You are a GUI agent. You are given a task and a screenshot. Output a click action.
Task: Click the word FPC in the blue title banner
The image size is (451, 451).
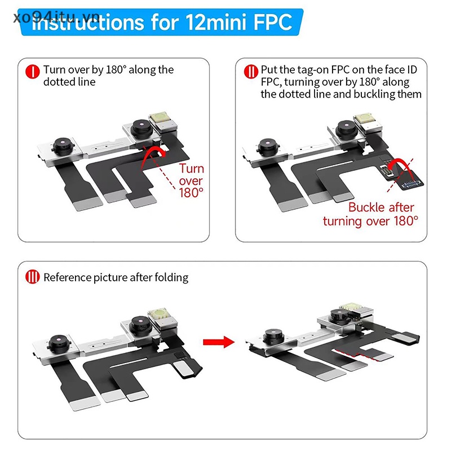coord(273,22)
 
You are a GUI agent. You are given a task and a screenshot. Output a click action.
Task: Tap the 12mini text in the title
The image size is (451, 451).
coord(216,22)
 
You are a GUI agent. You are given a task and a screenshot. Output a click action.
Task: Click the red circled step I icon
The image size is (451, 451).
coord(33,72)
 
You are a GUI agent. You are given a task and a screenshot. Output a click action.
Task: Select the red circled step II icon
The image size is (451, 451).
coord(251,72)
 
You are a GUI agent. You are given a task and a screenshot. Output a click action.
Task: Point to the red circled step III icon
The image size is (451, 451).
coord(33,277)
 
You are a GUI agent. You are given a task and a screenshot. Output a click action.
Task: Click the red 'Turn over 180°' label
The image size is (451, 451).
coord(191,180)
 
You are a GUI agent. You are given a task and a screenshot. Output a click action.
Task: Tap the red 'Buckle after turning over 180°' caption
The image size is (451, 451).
coord(370,214)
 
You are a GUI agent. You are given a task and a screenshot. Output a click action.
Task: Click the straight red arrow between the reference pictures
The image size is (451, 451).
coord(219,342)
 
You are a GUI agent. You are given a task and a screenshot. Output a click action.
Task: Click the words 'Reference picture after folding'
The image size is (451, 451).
coord(116,277)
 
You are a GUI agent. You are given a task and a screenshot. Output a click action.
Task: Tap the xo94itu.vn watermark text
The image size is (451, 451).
coord(57,17)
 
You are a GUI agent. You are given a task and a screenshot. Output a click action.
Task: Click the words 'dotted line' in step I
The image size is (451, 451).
coord(69,82)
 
